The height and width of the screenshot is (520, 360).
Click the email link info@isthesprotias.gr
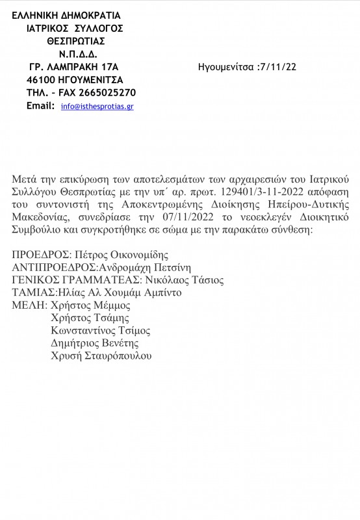[x=97, y=106]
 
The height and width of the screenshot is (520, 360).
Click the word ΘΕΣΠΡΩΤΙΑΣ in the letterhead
[x=77, y=40]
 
